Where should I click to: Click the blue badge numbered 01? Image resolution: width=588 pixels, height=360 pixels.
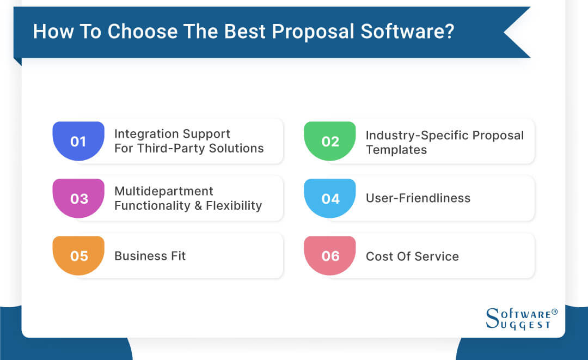pos(78,142)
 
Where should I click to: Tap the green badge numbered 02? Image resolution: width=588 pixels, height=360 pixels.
pos(330,142)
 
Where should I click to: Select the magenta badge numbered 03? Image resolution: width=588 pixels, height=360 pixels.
pos(78,199)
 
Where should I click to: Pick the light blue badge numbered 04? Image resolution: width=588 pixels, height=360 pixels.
pos(330,199)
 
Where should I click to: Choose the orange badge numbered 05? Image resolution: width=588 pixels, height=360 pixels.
pos(78,256)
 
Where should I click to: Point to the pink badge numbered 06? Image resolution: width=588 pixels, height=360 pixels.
pos(330,256)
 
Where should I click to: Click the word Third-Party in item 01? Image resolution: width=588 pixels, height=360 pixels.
pos(169,148)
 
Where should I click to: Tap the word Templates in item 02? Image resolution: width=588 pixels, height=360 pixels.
pos(396,150)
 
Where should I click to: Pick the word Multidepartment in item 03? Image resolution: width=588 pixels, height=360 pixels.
pos(163,191)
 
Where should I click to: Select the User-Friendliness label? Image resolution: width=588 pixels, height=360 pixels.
pos(418,198)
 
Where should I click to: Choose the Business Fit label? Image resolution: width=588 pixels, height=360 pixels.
pos(150,256)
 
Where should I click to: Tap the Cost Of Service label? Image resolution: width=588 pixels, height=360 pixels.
pos(412,256)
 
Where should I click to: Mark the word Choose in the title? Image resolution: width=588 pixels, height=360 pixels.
pos(140,32)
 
